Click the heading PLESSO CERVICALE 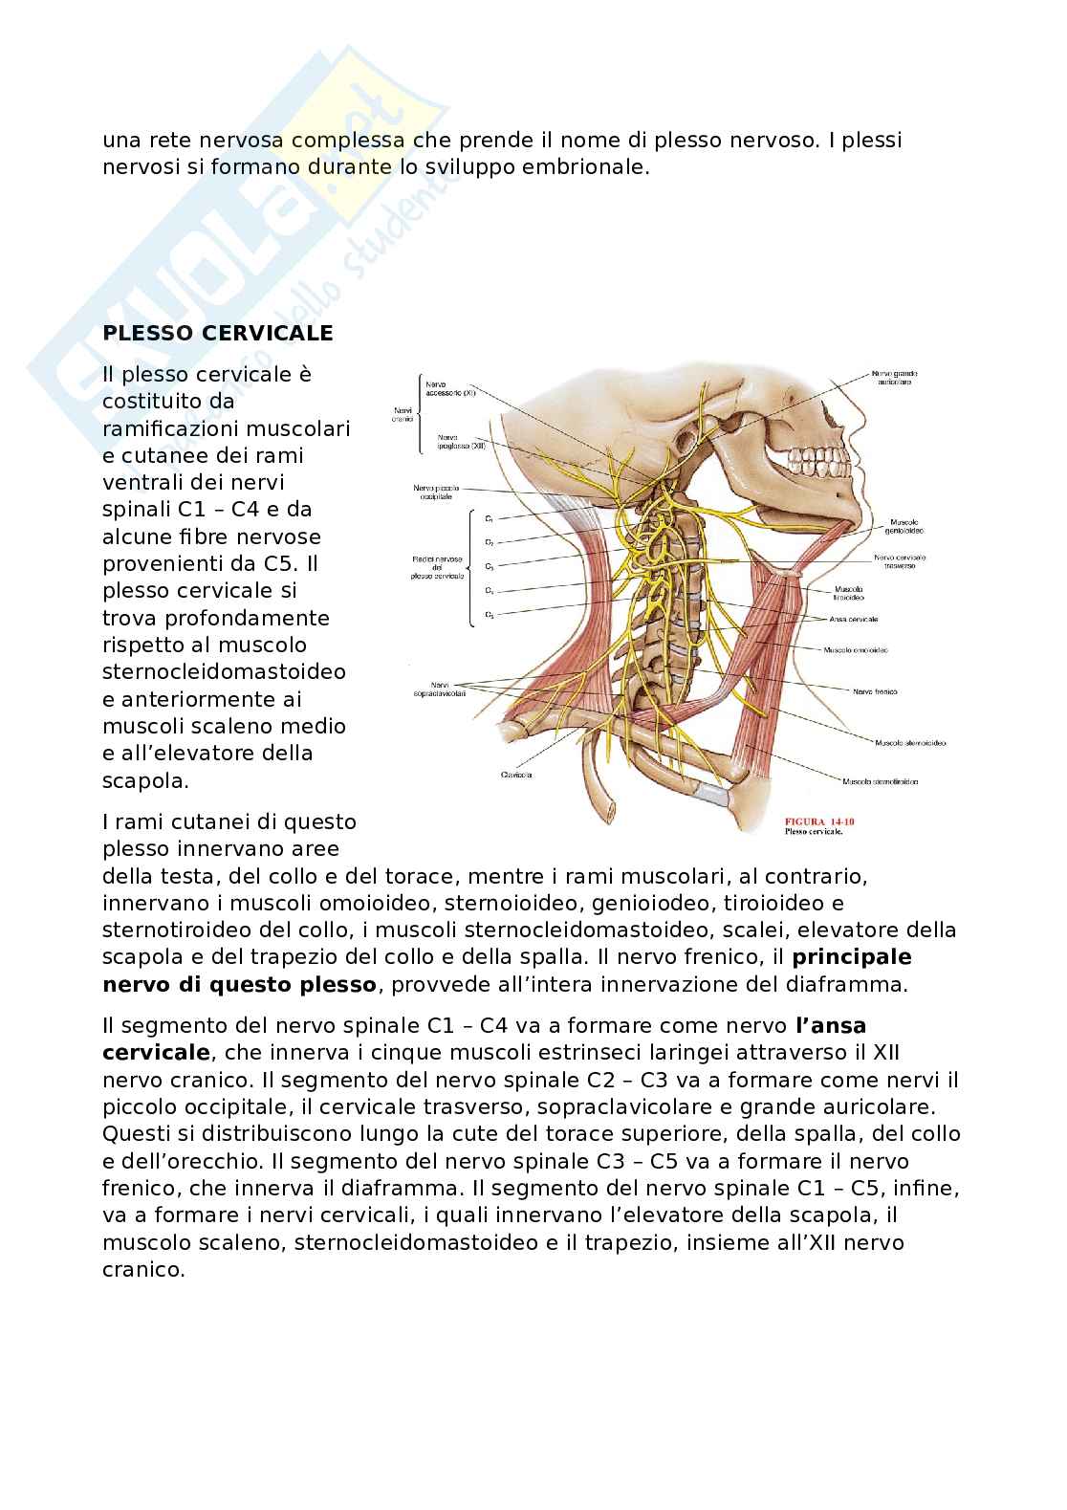[x=218, y=333]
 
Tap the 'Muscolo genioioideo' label [x=909, y=527]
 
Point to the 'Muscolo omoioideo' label [x=855, y=649]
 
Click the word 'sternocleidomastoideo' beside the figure [x=224, y=671]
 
